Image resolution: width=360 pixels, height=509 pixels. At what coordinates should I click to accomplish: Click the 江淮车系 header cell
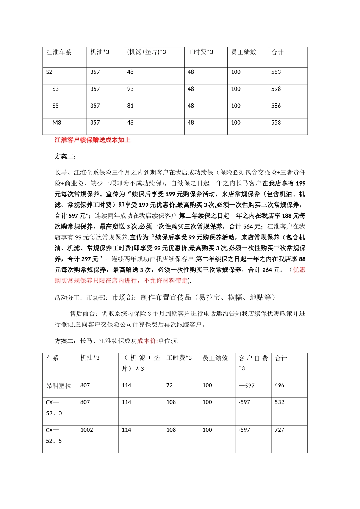(x=59, y=52)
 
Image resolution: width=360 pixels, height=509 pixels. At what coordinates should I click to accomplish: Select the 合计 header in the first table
(x=277, y=52)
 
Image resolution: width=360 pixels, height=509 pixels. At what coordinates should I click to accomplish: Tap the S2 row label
(x=49, y=72)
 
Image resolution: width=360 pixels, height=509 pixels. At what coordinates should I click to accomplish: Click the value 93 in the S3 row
(x=130, y=89)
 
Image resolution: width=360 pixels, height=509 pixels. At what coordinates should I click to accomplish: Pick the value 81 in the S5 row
(x=130, y=106)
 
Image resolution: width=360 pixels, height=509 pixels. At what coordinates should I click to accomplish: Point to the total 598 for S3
(x=276, y=89)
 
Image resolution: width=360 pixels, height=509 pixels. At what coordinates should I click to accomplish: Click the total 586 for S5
(x=276, y=106)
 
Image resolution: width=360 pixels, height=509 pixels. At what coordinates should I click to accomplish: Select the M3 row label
(x=57, y=123)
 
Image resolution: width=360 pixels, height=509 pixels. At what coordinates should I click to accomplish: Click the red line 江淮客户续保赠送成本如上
(x=92, y=140)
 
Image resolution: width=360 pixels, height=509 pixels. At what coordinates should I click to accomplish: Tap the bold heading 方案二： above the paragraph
(x=66, y=156)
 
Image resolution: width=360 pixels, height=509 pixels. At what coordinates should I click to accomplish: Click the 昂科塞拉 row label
(x=58, y=386)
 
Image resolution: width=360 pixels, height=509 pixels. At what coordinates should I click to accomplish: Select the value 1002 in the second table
(x=87, y=430)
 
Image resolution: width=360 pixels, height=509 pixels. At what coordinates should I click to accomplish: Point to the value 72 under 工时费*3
(x=169, y=386)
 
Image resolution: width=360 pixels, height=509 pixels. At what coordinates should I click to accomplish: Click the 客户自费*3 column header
(x=253, y=363)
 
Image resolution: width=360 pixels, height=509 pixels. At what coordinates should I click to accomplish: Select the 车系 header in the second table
(x=52, y=358)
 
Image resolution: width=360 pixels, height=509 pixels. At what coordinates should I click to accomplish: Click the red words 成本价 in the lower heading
(x=146, y=341)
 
